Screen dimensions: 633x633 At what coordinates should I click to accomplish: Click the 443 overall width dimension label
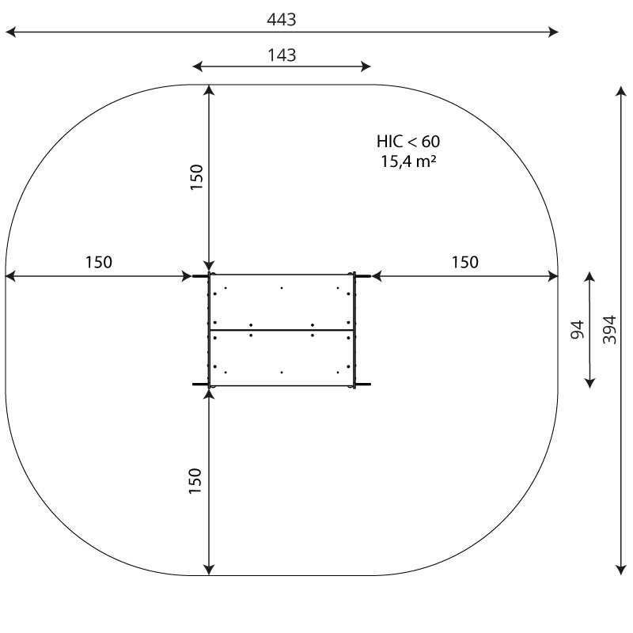click(x=282, y=20)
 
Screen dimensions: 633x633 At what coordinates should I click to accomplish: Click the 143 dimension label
click(x=282, y=55)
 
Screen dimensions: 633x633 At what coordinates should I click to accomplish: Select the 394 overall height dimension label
click(x=609, y=328)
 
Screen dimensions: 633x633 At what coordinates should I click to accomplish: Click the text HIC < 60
click(x=408, y=142)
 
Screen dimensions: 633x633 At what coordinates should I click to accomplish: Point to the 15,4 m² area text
click(x=408, y=162)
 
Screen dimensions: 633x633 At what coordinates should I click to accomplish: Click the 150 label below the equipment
click(x=196, y=481)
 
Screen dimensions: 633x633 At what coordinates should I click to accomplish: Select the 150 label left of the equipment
click(x=99, y=263)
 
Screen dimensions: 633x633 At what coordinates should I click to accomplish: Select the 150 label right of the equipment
click(x=465, y=263)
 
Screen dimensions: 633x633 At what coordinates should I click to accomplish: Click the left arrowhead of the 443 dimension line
click(x=10, y=32)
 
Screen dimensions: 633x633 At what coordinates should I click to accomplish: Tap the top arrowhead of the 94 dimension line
click(x=589, y=278)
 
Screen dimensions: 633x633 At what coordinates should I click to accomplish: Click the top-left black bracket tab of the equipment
click(x=200, y=275)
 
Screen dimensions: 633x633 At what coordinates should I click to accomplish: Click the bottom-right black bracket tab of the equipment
click(x=362, y=385)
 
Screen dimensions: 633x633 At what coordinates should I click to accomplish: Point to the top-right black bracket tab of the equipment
click(x=362, y=275)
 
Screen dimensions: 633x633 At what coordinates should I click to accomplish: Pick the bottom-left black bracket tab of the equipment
click(x=200, y=385)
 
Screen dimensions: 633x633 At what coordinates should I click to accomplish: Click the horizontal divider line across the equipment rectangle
click(x=282, y=330)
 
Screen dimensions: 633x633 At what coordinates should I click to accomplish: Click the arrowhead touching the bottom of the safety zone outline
click(x=209, y=569)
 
